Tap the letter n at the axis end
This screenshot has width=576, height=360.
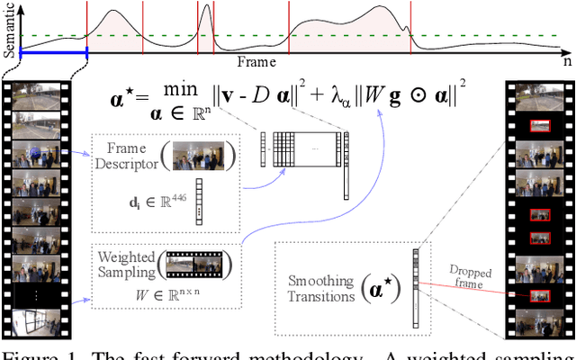point(567,63)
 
